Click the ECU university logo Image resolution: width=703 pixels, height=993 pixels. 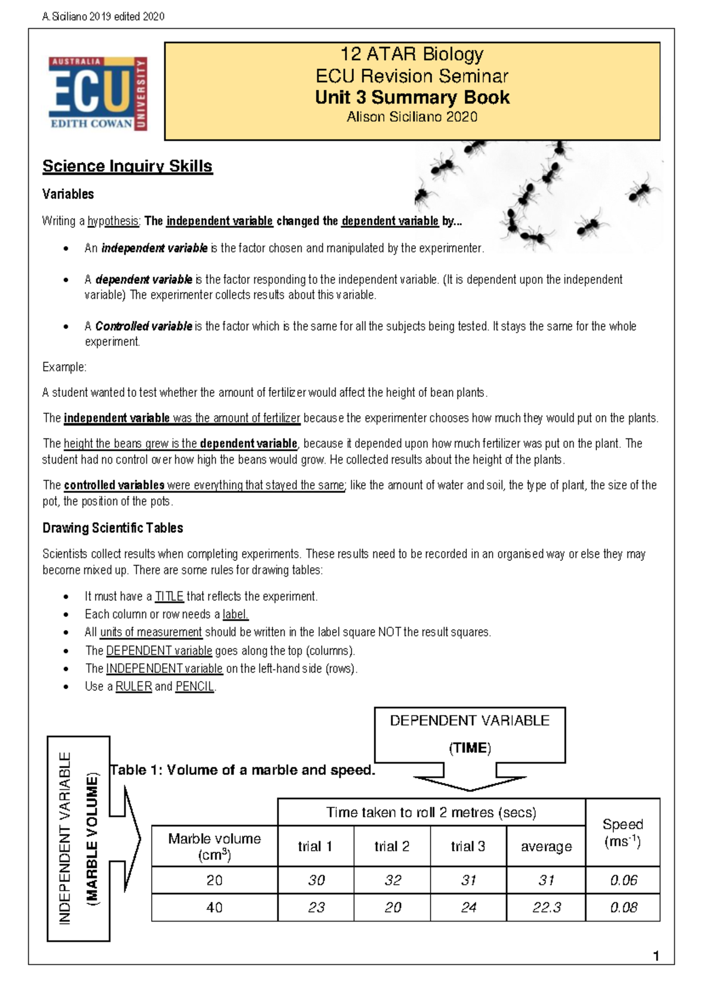pyautogui.click(x=98, y=94)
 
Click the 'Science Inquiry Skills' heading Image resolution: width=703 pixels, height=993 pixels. pyautogui.click(x=127, y=166)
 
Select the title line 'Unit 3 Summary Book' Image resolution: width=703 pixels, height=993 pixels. pyautogui.click(x=412, y=97)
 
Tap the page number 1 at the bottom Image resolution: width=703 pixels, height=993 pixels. pyautogui.click(x=656, y=956)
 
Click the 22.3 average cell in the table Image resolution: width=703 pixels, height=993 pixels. pyautogui.click(x=546, y=908)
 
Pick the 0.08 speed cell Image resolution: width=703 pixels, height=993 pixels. pyautogui.click(x=623, y=908)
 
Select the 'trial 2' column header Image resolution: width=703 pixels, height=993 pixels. pyautogui.click(x=392, y=846)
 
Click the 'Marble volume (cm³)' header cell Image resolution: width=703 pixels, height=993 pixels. pyautogui.click(x=214, y=847)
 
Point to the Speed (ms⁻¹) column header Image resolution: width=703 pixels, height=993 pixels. pyautogui.click(x=623, y=833)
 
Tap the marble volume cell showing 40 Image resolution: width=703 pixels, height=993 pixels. pyautogui.click(x=214, y=908)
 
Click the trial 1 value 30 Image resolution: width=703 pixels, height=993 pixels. pyautogui.click(x=316, y=880)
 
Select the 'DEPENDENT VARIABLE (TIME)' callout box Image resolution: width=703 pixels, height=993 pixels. pyautogui.click(x=470, y=734)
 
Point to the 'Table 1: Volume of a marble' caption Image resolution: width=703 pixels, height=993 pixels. pyautogui.click(x=243, y=770)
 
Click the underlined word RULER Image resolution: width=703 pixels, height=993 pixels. pyautogui.click(x=134, y=686)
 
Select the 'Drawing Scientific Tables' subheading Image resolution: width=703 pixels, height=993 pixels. pyautogui.click(x=112, y=528)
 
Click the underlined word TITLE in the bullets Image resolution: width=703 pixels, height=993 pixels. pyautogui.click(x=169, y=597)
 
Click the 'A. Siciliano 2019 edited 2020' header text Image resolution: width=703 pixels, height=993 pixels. pyautogui.click(x=103, y=16)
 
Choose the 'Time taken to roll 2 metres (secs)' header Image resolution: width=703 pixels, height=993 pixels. pyautogui.click(x=431, y=812)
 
